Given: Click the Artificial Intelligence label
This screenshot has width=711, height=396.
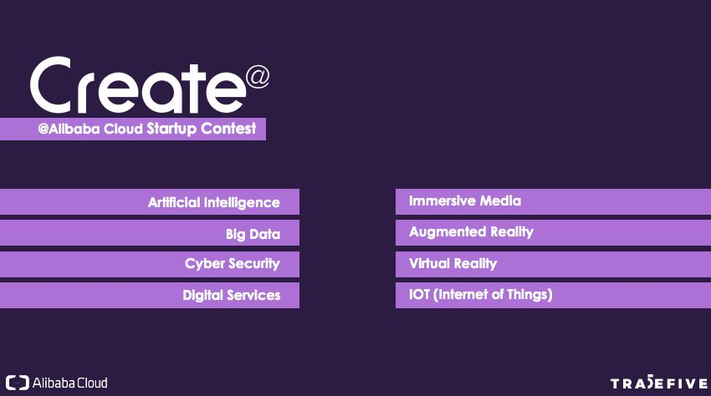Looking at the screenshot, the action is point(213,202).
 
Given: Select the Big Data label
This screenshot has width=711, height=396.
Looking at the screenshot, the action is point(253,234).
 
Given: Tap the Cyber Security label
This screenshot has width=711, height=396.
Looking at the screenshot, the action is point(233,264).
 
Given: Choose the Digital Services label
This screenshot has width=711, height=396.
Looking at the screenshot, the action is point(231,296).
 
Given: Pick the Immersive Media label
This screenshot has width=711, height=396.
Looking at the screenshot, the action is point(465,201).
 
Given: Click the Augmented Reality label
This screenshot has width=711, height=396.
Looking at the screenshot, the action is point(471,232).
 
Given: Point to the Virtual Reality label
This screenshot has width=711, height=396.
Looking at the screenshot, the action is point(453,264).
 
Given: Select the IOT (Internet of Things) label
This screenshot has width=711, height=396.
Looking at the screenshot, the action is point(481,295).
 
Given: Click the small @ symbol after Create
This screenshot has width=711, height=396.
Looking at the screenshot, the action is point(258,77).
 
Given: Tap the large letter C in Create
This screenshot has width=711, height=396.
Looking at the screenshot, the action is point(51,84).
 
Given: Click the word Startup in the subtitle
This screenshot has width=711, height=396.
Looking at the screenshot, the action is point(171,129).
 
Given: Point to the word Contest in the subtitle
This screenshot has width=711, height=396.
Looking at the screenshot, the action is point(228,128).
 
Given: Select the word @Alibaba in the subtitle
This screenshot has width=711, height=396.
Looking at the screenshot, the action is point(69,129).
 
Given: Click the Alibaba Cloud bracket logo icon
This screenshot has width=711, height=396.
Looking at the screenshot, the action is point(18,383).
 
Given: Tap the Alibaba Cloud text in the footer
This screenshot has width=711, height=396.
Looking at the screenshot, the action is point(69,383).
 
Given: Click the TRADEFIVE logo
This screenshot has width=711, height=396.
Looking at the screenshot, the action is point(659,383).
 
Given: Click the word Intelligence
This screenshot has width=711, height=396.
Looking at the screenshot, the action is point(242,202).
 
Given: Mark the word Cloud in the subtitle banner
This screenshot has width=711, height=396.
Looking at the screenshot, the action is point(123,129).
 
